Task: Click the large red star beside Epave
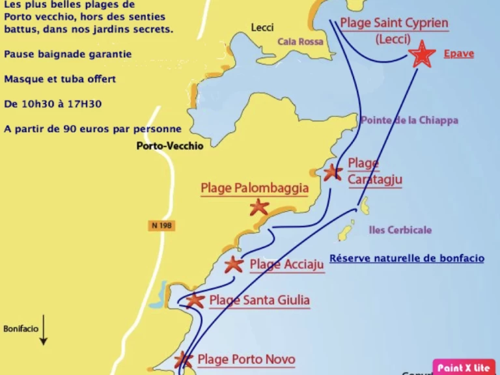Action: tap(423, 55)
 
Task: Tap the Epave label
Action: tap(458, 53)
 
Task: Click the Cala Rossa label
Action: tap(300, 41)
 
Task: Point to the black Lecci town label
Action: tap(262, 27)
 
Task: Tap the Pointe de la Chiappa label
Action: tap(409, 120)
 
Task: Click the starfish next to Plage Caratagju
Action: tap(333, 173)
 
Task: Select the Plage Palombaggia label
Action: tap(255, 188)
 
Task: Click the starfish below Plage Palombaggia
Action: tap(259, 207)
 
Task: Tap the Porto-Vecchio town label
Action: tap(170, 146)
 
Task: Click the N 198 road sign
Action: tap(161, 225)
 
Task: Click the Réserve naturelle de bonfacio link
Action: tap(406, 258)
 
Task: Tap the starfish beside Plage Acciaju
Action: tap(234, 264)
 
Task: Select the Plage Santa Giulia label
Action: tap(259, 300)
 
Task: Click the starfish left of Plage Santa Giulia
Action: tap(195, 300)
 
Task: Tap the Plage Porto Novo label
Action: tap(246, 359)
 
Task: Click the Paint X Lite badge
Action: tap(464, 368)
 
